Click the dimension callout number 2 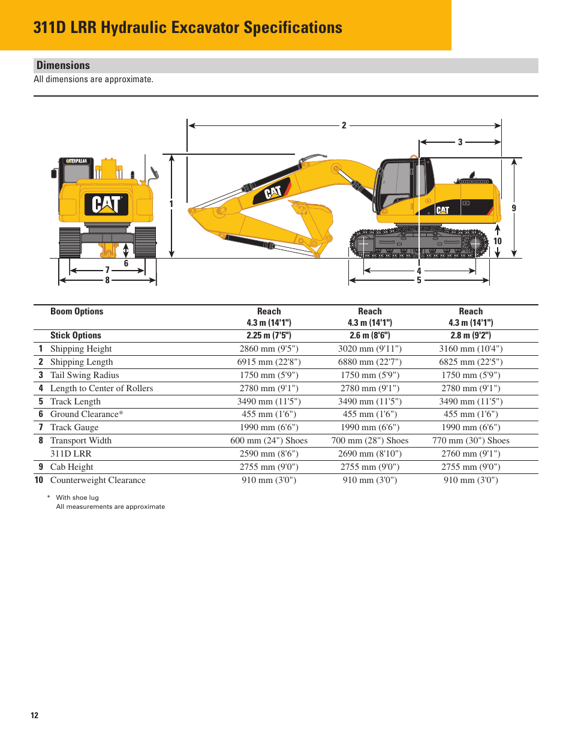pyautogui.click(x=344, y=125)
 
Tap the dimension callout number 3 pyautogui.click(x=460, y=142)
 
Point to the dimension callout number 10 pyautogui.click(x=498, y=241)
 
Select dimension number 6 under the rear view pyautogui.click(x=126, y=263)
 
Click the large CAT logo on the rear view pyautogui.click(x=106, y=204)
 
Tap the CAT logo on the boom pyautogui.click(x=273, y=193)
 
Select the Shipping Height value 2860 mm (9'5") pyautogui.click(x=269, y=349)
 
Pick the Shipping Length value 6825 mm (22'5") pyautogui.click(x=471, y=362)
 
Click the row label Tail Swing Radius pyautogui.click(x=85, y=375)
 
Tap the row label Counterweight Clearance pyautogui.click(x=98, y=480)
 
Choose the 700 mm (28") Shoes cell pyautogui.click(x=369, y=440)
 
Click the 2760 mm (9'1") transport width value pyautogui.click(x=471, y=454)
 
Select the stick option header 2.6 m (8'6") pyautogui.click(x=369, y=335)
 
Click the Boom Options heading pyautogui.click(x=77, y=311)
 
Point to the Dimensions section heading pyautogui.click(x=63, y=65)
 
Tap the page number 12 pyautogui.click(x=34, y=715)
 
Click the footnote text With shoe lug pyautogui.click(x=77, y=497)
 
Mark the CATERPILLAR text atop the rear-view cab pyautogui.click(x=76, y=161)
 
